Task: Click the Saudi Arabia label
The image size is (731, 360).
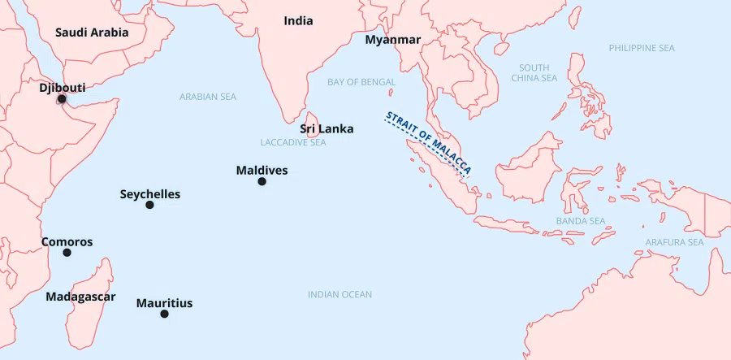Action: point(92,33)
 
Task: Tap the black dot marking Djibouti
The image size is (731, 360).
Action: point(62,99)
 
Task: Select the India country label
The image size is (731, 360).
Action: point(298,21)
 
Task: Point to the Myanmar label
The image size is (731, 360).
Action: point(392,40)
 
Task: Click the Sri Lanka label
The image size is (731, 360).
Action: point(327,128)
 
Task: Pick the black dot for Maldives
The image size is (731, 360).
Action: point(262,181)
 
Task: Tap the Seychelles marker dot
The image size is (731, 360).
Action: point(149,205)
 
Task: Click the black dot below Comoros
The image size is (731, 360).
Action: point(67,253)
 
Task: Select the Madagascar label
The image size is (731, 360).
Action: point(80,297)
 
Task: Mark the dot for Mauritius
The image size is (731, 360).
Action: point(164,314)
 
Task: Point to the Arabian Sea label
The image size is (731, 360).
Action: point(208,97)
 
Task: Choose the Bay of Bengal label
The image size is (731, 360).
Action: point(361,82)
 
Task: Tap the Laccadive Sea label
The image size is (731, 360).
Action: point(293,142)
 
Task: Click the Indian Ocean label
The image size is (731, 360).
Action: point(340,294)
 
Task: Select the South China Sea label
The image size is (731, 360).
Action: point(534,73)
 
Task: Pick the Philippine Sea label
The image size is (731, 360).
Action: point(642,48)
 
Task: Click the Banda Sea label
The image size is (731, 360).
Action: point(580,221)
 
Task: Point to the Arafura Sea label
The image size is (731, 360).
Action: point(674,242)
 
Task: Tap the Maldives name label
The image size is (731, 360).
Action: point(262,171)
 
